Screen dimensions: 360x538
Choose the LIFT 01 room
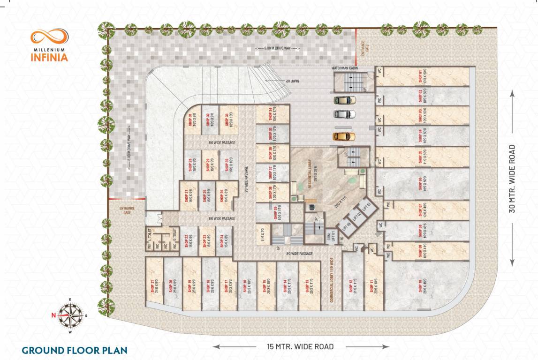[368, 207]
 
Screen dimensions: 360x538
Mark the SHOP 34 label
[270, 114]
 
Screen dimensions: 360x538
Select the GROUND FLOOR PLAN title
[74, 350]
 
